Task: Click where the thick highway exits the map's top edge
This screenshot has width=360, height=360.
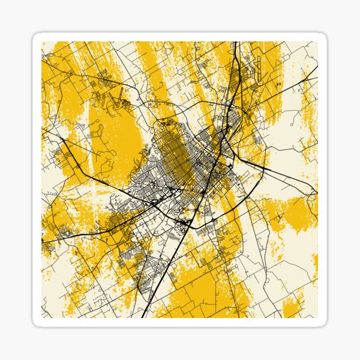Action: click(x=235, y=43)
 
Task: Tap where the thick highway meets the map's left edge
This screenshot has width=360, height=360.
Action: click(x=43, y=241)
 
